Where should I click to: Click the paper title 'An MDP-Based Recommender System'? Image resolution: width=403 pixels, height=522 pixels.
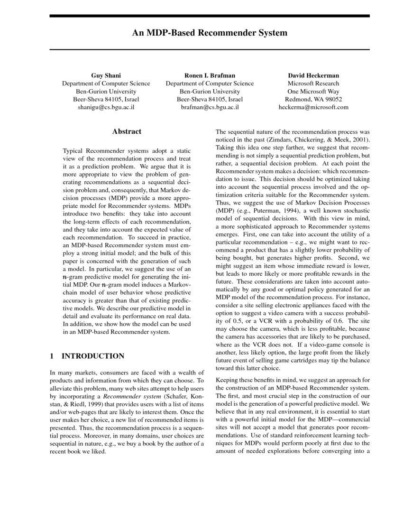click(210, 33)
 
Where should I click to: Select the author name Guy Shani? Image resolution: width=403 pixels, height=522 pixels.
click(106, 75)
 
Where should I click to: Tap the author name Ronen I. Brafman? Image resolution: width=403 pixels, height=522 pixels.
click(210, 75)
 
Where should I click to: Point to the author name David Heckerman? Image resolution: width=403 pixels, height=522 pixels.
click(313, 75)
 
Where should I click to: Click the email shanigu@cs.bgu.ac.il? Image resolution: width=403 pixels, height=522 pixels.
click(106, 107)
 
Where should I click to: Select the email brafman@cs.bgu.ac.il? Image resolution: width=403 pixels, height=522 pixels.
click(210, 107)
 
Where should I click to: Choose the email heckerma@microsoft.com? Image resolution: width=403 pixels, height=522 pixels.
click(313, 107)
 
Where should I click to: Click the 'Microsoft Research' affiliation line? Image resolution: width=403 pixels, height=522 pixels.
click(313, 84)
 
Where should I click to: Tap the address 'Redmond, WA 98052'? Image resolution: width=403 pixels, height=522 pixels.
click(313, 99)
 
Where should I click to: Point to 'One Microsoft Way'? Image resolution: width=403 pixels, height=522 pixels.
click(313, 91)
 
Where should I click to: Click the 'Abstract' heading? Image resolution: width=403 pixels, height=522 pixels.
click(127, 131)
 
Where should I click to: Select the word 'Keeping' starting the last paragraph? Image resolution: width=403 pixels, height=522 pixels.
click(227, 380)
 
